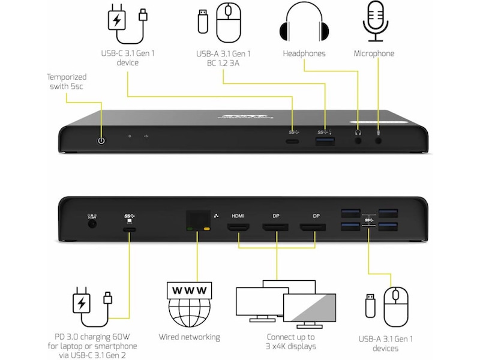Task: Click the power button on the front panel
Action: pos(101,140)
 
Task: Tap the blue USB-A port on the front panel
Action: pos(323,142)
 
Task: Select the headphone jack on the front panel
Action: pos(358,142)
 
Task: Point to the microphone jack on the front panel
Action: pos(379,142)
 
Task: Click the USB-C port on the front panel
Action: pos(293,142)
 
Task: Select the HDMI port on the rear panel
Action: pos(238,227)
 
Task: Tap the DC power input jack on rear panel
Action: pos(92,224)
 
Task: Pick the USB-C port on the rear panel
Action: pos(129,229)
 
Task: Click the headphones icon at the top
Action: pos(304,23)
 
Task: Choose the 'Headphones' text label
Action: pos(304,53)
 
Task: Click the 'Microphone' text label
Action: pos(374,53)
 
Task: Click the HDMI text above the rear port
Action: pos(238,215)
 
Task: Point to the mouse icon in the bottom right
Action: pos(396,302)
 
